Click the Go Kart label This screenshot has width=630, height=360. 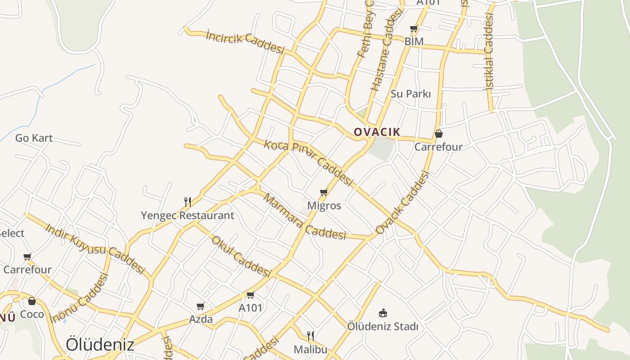pyautogui.click(x=34, y=138)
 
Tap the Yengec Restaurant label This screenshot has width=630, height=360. pyautogui.click(x=187, y=216)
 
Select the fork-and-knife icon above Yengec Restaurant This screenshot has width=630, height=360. pyautogui.click(x=188, y=202)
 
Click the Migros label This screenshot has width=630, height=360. pyautogui.click(x=324, y=206)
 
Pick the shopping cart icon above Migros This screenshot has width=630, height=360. pyautogui.click(x=324, y=193)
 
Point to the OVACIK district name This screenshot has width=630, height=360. pyautogui.click(x=377, y=132)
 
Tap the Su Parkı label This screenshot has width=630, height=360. pyautogui.click(x=410, y=94)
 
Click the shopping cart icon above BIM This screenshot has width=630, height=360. pyautogui.click(x=414, y=29)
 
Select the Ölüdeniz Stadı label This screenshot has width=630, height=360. pyautogui.click(x=382, y=326)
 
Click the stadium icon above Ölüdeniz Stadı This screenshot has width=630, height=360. pyautogui.click(x=383, y=313)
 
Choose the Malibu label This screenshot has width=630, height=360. pyautogui.click(x=310, y=349)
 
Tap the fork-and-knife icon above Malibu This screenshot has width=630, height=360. pyautogui.click(x=310, y=336)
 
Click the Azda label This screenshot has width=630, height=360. pyautogui.click(x=201, y=319)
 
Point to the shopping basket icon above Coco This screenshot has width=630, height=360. pyautogui.click(x=32, y=301)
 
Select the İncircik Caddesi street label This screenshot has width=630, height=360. pyautogui.click(x=245, y=41)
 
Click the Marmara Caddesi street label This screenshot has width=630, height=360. pyautogui.click(x=305, y=216)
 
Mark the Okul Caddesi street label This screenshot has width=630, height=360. pyautogui.click(x=241, y=256)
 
